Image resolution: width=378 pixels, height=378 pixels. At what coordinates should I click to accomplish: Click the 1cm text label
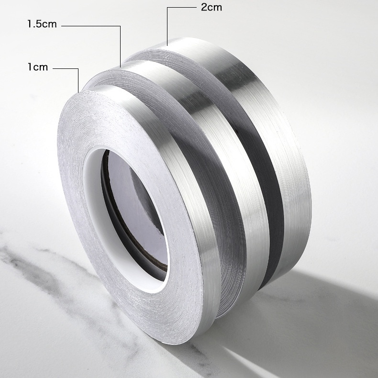point(37,67)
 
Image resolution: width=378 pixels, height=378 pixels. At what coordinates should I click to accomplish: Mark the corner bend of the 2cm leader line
point(167,8)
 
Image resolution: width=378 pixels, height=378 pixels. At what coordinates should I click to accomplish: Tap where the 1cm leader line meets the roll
point(78,91)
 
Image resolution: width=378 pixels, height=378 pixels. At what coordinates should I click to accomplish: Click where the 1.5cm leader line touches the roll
point(120,67)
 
